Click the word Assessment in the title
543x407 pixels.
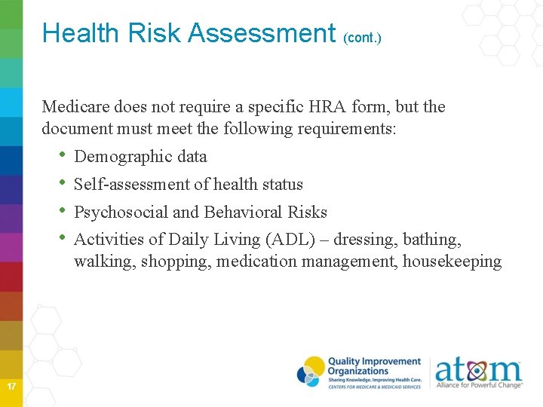click(x=260, y=33)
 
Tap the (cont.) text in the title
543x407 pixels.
click(x=362, y=37)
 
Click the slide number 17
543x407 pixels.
click(x=11, y=387)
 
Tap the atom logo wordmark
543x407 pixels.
click(x=478, y=369)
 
